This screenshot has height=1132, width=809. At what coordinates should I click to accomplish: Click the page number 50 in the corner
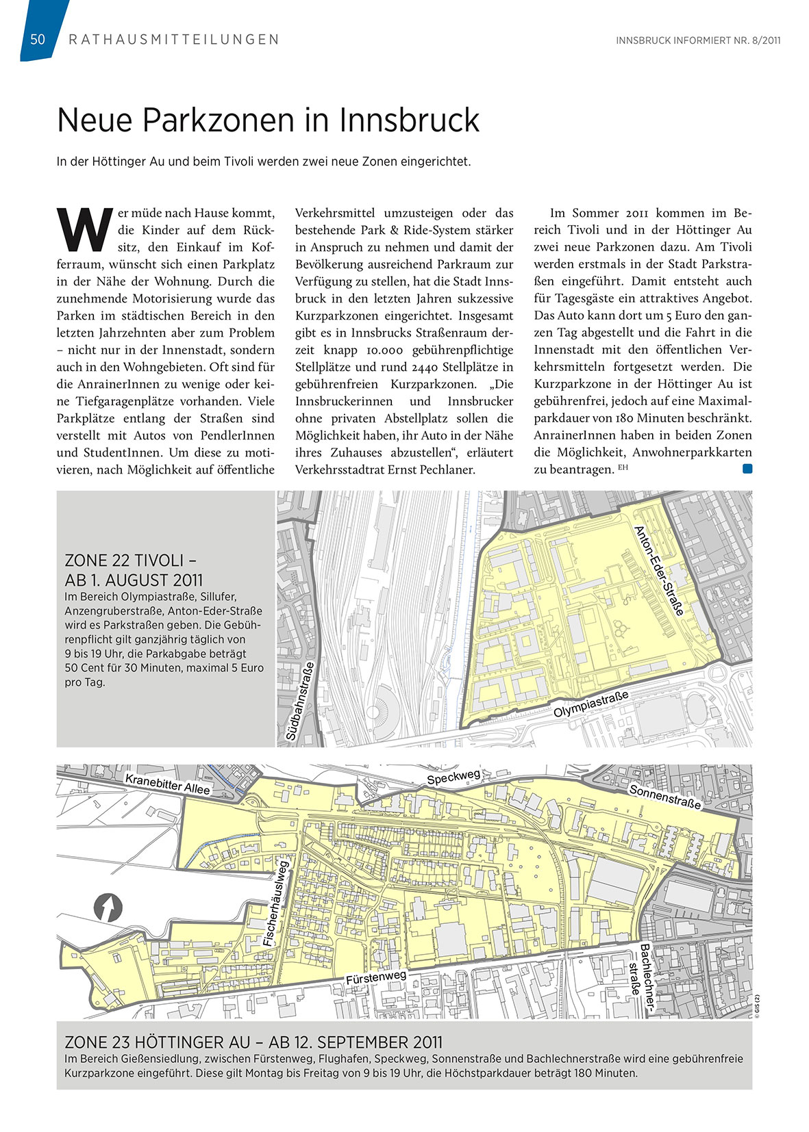(38, 40)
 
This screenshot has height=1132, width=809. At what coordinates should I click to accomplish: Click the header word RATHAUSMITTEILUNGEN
(174, 40)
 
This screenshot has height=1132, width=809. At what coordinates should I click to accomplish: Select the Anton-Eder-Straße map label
(659, 570)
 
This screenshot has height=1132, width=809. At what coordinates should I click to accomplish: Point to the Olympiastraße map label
(590, 705)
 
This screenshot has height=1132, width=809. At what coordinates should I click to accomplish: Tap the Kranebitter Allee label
(167, 784)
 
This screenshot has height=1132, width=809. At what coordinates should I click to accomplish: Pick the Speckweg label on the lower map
(453, 777)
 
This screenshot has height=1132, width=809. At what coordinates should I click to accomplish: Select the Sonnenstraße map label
(664, 797)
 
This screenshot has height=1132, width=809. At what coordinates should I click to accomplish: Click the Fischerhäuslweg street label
(277, 903)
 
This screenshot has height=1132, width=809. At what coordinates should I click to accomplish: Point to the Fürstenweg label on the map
(375, 977)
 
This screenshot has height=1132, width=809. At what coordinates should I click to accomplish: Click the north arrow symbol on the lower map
(108, 908)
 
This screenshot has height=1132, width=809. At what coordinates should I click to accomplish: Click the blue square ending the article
(747, 469)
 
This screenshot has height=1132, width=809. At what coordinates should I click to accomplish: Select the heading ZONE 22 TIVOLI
(134, 561)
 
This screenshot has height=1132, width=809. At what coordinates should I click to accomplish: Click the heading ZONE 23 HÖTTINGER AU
(253, 1042)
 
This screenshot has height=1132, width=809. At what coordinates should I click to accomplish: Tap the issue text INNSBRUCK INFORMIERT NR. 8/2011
(698, 40)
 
